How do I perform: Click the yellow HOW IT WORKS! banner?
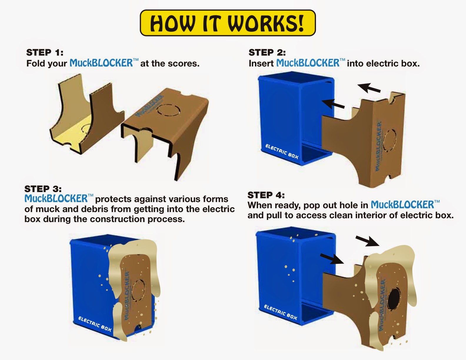pyautogui.click(x=227, y=23)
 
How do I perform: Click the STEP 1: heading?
pyautogui.click(x=45, y=53)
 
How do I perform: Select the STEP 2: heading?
pyautogui.click(x=267, y=53)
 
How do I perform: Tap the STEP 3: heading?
pyautogui.click(x=43, y=189)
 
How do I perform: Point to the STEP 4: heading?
pyautogui.click(x=266, y=195)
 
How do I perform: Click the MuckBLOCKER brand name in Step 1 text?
pyautogui.click(x=101, y=63)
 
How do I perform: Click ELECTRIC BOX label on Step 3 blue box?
pyautogui.click(x=94, y=324)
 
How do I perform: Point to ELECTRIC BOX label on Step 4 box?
pyautogui.click(x=280, y=312)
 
